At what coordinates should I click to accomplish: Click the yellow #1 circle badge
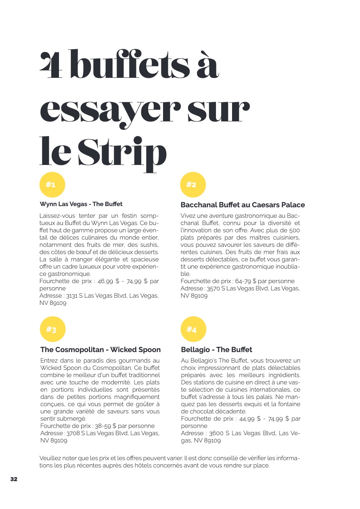click(52, 185)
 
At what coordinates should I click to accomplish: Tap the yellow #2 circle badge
click(193, 185)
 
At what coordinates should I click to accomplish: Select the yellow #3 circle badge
click(52, 329)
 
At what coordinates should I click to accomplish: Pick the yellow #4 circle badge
click(193, 329)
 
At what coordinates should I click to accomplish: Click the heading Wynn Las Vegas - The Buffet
click(81, 204)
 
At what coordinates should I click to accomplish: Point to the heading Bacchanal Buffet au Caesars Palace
click(243, 205)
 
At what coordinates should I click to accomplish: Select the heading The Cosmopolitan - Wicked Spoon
click(100, 350)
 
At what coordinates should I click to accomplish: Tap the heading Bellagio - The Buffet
click(216, 350)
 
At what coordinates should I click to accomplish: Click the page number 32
click(14, 479)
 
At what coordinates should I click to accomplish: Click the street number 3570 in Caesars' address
click(213, 288)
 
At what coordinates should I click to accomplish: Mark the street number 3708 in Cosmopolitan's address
click(73, 433)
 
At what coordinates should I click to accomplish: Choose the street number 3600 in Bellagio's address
click(217, 433)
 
